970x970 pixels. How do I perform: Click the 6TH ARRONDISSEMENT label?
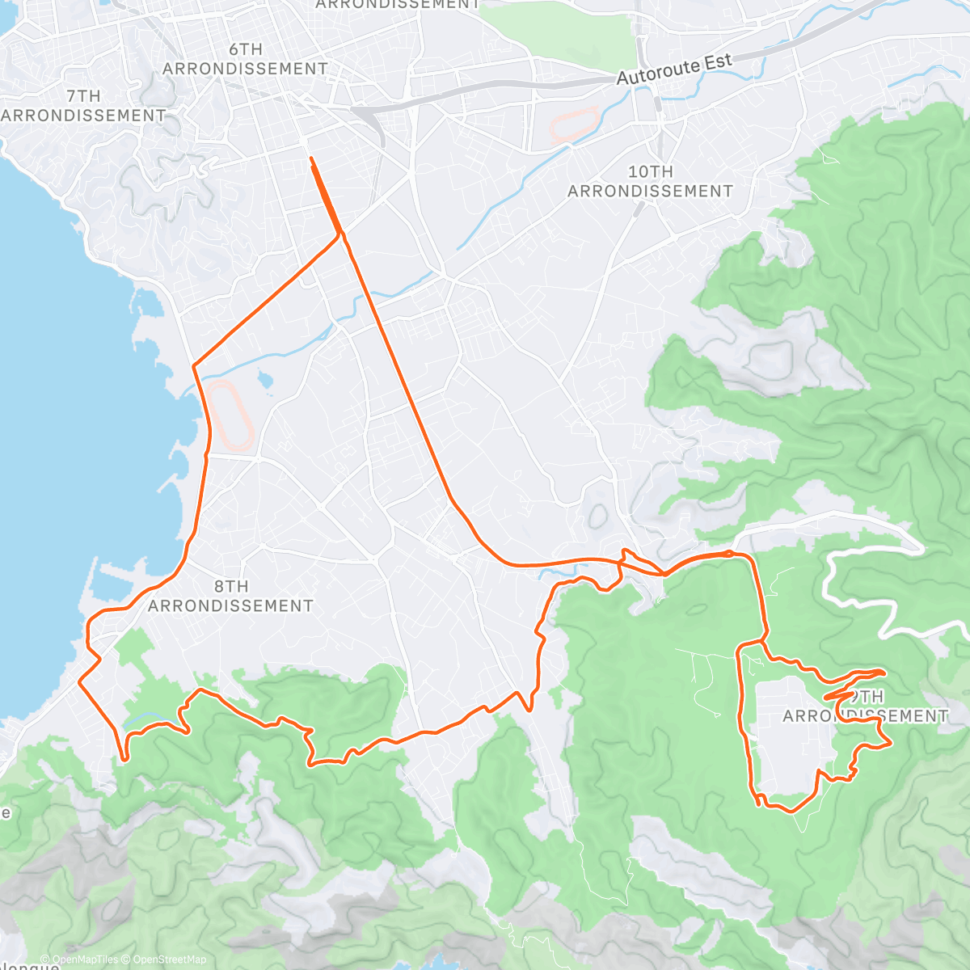(x=245, y=59)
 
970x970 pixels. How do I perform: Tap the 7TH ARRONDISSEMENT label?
(x=83, y=106)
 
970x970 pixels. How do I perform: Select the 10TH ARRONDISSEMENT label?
(x=650, y=181)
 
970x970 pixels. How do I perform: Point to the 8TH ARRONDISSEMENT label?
(x=230, y=596)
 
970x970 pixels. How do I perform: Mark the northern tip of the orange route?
(x=311, y=158)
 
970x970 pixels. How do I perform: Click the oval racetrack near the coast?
(x=230, y=415)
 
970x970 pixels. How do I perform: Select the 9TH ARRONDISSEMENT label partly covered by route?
(x=865, y=706)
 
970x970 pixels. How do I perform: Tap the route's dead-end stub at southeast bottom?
(x=758, y=804)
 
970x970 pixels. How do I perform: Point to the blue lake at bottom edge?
(x=441, y=962)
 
